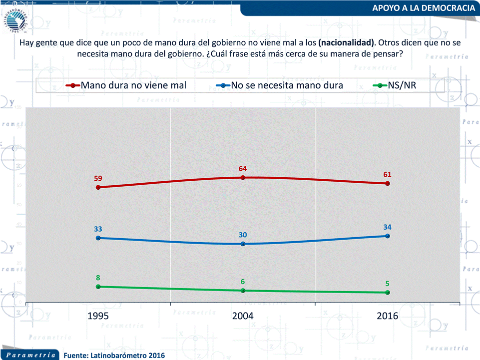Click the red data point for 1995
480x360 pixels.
(98, 187)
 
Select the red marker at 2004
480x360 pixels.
(243, 177)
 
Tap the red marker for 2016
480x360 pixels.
(387, 183)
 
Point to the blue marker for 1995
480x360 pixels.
(98, 238)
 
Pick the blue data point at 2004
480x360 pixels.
(243, 244)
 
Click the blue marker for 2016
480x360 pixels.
(387, 236)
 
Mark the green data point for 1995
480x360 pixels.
(98, 287)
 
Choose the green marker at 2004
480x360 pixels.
(243, 290)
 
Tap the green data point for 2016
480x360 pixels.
(387, 292)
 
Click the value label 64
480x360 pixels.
(243, 168)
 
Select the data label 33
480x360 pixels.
(98, 229)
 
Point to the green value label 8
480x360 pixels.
(98, 278)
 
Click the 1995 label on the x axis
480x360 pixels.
(98, 316)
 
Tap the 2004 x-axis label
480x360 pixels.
(243, 316)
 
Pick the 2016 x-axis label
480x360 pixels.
(387, 316)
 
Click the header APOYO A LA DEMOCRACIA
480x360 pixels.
(424, 8)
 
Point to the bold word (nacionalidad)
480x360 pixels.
(346, 43)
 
